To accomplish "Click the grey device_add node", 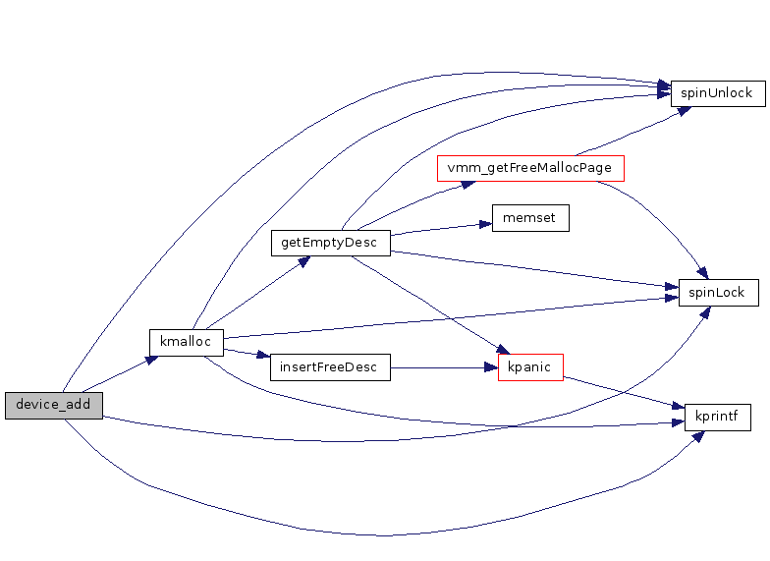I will [53, 405].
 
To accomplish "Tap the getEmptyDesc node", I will [330, 243].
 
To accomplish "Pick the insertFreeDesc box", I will [330, 367].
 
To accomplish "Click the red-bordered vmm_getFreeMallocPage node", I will [530, 168].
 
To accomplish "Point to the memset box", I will [530, 218].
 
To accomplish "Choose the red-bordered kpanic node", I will [530, 367].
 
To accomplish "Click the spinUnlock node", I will [717, 93].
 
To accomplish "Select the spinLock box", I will [718, 293].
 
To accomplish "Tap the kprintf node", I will [717, 418].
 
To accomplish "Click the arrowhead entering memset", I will [484, 224].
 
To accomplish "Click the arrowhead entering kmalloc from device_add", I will [151, 360].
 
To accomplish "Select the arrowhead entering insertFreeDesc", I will [262, 357].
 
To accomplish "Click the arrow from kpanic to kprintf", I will [619, 393].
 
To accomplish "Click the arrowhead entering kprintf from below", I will [698, 435].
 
